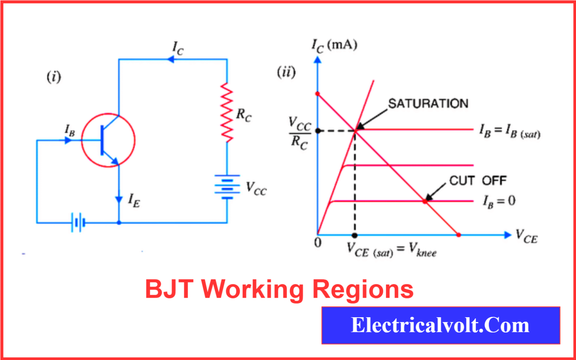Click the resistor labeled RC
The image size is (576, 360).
(227, 112)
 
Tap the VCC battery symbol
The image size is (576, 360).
(227, 186)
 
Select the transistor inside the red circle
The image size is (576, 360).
(108, 140)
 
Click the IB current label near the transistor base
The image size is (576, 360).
(70, 130)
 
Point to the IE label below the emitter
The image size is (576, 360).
(134, 200)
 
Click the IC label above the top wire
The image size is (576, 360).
(178, 48)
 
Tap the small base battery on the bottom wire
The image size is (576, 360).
(78, 223)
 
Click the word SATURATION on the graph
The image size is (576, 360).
(428, 103)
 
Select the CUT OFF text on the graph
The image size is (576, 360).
(478, 181)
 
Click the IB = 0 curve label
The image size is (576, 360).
(499, 201)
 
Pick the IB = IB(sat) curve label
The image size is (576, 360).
(510, 131)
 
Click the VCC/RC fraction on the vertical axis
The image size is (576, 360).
(300, 133)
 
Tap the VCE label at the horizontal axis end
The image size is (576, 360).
(526, 236)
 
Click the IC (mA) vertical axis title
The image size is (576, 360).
(334, 46)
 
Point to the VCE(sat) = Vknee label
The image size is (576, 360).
(391, 250)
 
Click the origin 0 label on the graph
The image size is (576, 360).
(318, 243)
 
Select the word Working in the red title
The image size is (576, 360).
(252, 289)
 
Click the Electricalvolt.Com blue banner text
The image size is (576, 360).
(440, 325)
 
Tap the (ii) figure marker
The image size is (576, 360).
(286, 72)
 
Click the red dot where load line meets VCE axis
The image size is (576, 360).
(458, 235)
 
